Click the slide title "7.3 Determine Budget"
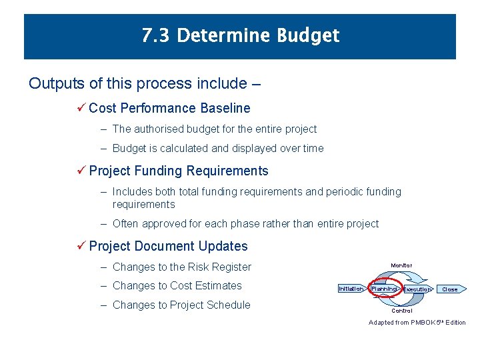240,35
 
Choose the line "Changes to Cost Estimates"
177,286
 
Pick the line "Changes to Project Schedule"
181,305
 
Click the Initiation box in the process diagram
351,289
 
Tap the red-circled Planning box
384,289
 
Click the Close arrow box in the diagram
451,289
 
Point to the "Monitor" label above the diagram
401,265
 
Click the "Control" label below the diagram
401,311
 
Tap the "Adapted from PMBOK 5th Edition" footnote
417,323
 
